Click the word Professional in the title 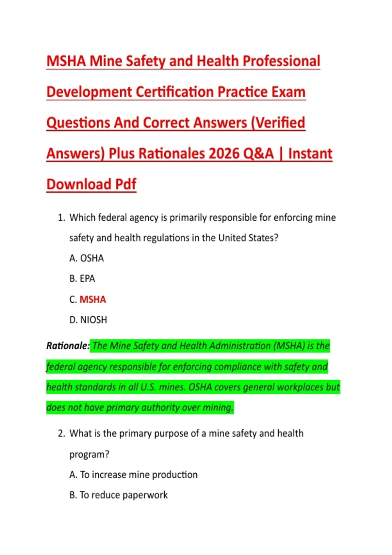(x=281, y=61)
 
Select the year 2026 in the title (x=224, y=153)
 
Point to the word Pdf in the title (x=125, y=184)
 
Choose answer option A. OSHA (x=87, y=258)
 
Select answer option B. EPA (x=82, y=278)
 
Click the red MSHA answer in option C (x=93, y=299)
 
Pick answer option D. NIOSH (x=88, y=320)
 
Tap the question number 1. (x=61, y=218)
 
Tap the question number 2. (x=61, y=434)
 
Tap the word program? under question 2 (x=89, y=454)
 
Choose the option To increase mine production (x=139, y=475)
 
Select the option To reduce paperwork (x=123, y=495)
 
